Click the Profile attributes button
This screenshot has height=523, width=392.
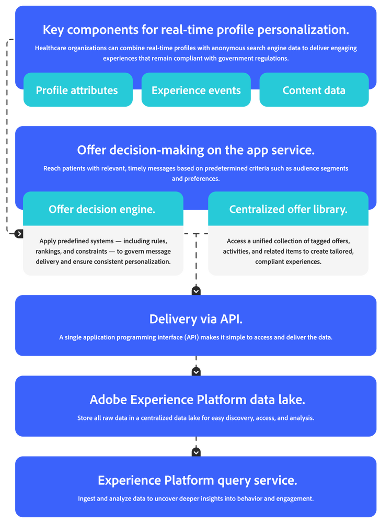(x=77, y=90)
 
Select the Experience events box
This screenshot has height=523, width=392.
(x=196, y=90)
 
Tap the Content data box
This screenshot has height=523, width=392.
(x=314, y=90)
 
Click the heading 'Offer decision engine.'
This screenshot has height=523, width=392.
(x=102, y=209)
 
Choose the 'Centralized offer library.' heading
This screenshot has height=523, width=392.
(x=288, y=209)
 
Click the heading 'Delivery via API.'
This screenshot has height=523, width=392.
(x=195, y=319)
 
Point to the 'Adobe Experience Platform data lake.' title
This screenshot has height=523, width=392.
(x=197, y=400)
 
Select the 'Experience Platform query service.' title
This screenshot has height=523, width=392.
(x=197, y=480)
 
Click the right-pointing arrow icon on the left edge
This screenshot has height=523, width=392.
(x=19, y=234)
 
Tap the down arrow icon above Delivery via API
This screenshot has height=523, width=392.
(x=196, y=291)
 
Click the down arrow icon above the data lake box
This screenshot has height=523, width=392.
(x=196, y=371)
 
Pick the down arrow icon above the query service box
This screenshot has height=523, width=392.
(x=196, y=452)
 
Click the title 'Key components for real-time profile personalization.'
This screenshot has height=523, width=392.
(x=195, y=29)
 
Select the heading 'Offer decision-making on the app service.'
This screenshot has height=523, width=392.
(x=195, y=150)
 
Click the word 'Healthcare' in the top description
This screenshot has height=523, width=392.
(x=51, y=48)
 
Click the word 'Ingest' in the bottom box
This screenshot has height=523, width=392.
(x=87, y=498)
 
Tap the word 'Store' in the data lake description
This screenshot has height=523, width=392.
(x=85, y=418)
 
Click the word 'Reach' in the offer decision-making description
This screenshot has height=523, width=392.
(x=53, y=168)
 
